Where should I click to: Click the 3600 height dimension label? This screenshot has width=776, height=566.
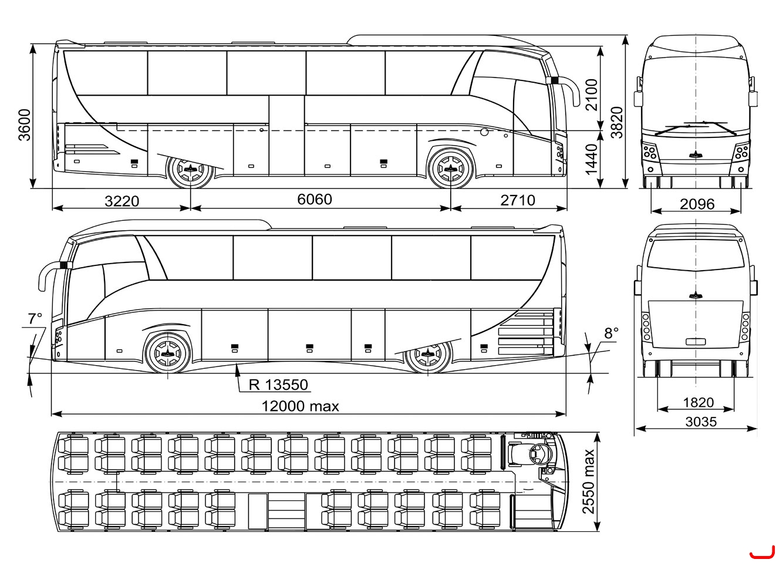point(25,125)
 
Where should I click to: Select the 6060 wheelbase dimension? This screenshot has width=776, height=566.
point(315,199)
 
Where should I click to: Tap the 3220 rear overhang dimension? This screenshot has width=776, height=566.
point(122,201)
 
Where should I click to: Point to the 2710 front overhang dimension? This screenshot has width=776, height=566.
point(518,200)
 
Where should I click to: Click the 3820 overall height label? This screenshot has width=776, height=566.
point(617,122)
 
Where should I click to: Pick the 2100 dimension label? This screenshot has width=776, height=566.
point(592,95)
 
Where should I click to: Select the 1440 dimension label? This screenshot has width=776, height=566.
point(591,159)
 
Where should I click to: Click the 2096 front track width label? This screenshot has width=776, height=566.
point(697,204)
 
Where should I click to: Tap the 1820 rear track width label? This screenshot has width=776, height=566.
point(699,402)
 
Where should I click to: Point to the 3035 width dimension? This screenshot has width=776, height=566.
point(701,422)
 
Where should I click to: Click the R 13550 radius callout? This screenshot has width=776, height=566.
point(279,385)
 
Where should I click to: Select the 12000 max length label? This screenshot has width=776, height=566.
point(301,406)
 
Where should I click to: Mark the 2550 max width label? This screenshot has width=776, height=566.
point(589,481)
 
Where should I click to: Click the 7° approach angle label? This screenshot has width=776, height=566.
point(35,319)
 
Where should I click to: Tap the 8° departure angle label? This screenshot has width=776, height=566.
point(612,333)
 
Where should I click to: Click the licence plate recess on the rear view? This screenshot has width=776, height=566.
point(696,342)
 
